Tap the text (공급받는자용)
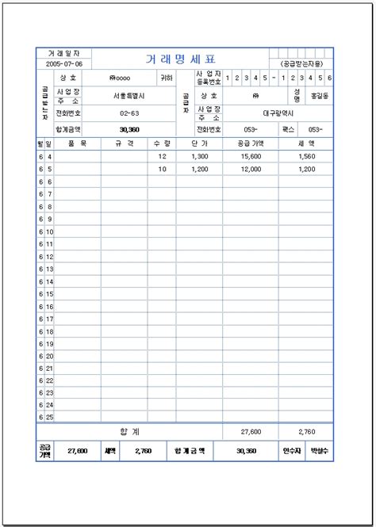tap(301, 63)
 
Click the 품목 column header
tap(77, 144)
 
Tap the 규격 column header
tap(124, 144)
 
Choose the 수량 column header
tap(162, 144)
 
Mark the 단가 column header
tap(199, 144)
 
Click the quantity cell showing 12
tap(163, 157)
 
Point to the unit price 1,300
tap(199, 157)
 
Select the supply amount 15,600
tap(251, 157)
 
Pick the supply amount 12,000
tap(251, 169)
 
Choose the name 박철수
tap(319, 451)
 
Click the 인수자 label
tap(291, 451)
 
